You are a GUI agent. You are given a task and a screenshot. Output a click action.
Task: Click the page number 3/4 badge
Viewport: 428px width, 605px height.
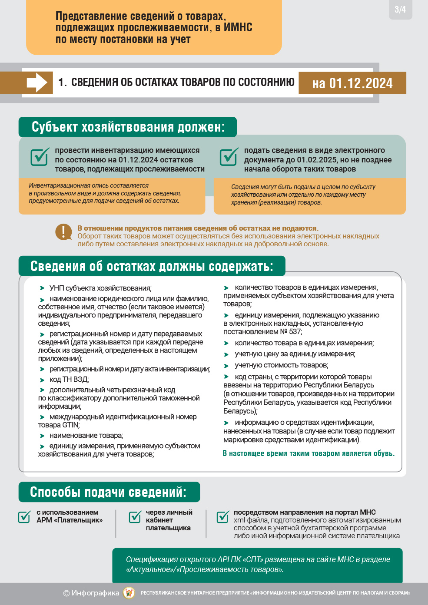[400, 10]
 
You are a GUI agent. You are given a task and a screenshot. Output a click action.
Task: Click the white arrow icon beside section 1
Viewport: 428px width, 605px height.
[37, 83]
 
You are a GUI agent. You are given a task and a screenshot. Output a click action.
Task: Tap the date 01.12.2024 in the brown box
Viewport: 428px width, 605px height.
[361, 83]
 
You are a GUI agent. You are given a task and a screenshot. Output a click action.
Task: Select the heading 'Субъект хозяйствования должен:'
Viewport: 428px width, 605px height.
[128, 127]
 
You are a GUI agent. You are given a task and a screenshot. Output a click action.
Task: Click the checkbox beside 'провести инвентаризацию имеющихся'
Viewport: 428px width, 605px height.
[40, 157]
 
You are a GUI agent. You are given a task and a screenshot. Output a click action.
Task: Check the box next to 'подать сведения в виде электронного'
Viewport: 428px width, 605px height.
[229, 157]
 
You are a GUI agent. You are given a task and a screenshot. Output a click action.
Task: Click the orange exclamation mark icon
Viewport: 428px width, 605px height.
[64, 232]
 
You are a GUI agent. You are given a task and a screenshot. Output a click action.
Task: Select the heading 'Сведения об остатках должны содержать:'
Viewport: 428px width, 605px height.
[152, 266]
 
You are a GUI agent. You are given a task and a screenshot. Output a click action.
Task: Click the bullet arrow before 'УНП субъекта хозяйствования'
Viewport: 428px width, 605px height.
[42, 288]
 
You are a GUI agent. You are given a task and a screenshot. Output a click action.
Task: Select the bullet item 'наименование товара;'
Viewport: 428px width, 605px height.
[86, 436]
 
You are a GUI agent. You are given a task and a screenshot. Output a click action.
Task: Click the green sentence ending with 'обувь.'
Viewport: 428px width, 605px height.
[309, 453]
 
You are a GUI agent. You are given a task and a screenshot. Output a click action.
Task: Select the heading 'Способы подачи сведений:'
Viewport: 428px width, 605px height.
[108, 492]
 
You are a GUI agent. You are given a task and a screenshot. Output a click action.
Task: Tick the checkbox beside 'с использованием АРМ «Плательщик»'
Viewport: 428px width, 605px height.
[24, 516]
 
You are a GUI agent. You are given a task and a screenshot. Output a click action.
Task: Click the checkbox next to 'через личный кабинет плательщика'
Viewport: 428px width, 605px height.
[135, 516]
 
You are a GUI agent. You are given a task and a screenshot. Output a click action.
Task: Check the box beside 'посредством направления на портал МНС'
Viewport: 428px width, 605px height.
[223, 516]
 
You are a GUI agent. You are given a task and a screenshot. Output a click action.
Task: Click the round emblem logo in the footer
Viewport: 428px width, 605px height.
[129, 593]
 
